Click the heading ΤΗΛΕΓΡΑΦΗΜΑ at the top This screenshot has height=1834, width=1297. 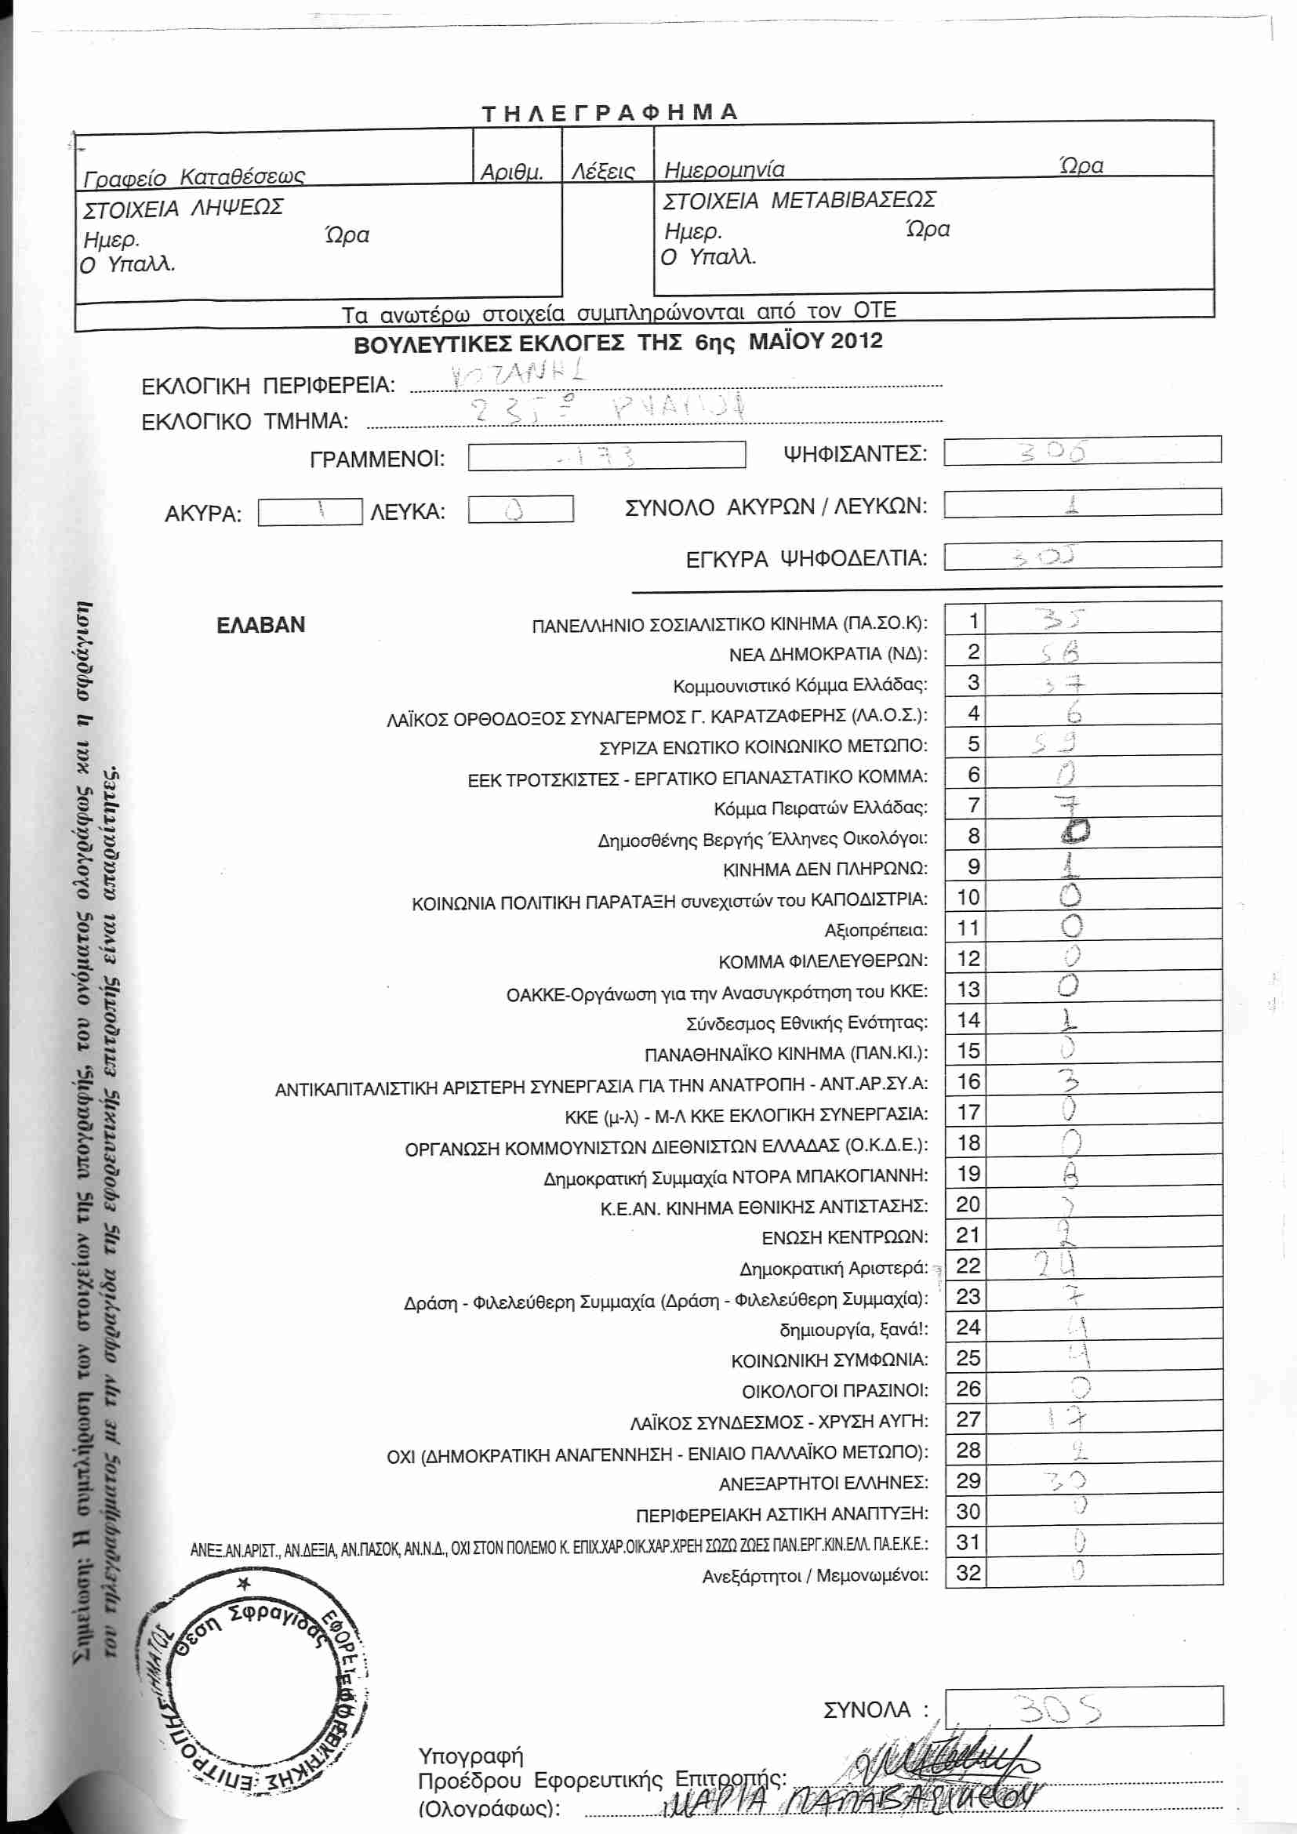click(609, 112)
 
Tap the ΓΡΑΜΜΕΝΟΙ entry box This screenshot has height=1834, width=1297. click(606, 456)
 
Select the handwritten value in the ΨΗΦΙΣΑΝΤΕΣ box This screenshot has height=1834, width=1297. click(1053, 452)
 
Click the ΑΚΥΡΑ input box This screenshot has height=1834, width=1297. click(310, 512)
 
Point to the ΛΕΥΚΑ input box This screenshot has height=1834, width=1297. click(520, 510)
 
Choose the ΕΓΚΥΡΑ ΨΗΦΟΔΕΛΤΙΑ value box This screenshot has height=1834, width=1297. click(1081, 555)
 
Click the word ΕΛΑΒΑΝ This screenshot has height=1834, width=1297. click(260, 625)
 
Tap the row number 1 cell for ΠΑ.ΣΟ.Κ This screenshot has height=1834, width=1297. click(972, 621)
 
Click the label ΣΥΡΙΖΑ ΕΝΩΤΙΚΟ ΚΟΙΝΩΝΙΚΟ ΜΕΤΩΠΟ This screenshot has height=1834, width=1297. click(763, 747)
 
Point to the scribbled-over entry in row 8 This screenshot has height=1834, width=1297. click(1075, 833)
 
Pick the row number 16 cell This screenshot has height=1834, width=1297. click(968, 1081)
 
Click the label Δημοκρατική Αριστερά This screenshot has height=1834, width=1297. click(833, 1269)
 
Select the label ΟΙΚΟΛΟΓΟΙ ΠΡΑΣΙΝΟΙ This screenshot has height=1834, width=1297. click(834, 1391)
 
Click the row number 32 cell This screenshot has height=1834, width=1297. click(968, 1573)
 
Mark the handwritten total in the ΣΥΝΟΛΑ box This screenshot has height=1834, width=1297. click(1058, 1710)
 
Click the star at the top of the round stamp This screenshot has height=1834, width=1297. click(245, 1583)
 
